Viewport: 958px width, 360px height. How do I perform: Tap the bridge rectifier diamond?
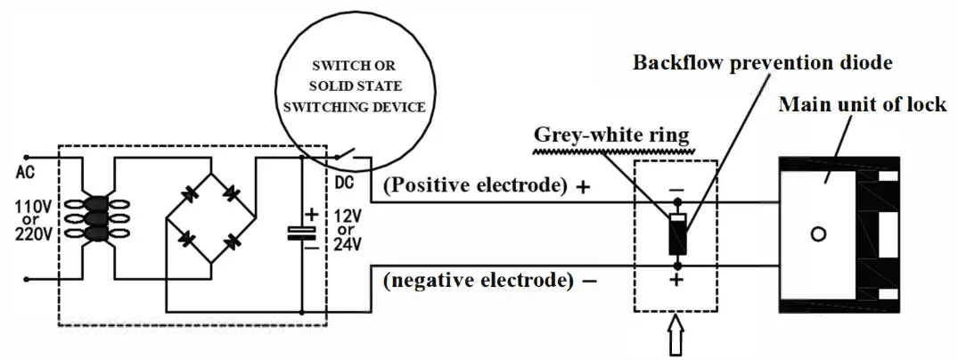pyautogui.click(x=211, y=218)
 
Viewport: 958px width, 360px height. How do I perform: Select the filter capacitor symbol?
pyautogui.click(x=302, y=233)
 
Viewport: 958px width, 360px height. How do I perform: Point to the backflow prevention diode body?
pyautogui.click(x=677, y=234)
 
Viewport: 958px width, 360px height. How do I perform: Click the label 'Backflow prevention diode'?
pyautogui.click(x=762, y=62)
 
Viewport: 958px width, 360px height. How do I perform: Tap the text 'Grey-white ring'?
pyautogui.click(x=611, y=134)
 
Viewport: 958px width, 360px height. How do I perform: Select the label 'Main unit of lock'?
pyautogui.click(x=862, y=104)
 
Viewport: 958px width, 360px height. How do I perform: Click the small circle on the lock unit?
pyautogui.click(x=817, y=234)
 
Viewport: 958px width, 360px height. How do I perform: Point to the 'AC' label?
pyautogui.click(x=25, y=173)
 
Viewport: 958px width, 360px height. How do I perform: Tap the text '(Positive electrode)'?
pyautogui.click(x=475, y=185)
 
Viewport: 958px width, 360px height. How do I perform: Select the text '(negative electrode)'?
pyautogui.click(x=479, y=280)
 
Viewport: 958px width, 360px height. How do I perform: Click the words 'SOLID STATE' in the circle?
pyautogui.click(x=356, y=86)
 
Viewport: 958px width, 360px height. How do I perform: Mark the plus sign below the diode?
pyautogui.click(x=677, y=281)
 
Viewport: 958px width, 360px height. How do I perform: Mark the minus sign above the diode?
pyautogui.click(x=677, y=190)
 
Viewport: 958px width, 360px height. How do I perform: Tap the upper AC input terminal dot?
pyautogui.click(x=26, y=157)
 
